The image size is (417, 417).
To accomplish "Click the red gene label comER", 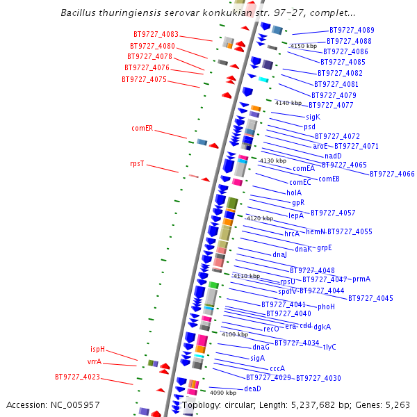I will click(142, 129).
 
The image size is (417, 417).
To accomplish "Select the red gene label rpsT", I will click(137, 164).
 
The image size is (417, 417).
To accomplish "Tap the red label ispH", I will click(97, 349).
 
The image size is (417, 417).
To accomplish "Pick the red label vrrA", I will click(95, 362).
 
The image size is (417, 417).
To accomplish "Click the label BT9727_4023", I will click(77, 377).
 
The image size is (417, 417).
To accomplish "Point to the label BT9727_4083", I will click(156, 34).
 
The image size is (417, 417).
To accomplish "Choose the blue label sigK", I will click(313, 117).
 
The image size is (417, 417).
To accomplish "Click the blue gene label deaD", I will click(253, 389).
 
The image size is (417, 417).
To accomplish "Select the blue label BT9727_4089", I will click(352, 31).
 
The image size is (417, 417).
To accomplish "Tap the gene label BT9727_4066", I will click(392, 174).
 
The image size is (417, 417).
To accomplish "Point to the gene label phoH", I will click(327, 306).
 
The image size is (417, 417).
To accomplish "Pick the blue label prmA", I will click(361, 279).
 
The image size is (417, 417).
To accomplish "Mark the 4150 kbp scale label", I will click(303, 46).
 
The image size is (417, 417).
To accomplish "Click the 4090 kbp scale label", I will click(223, 393).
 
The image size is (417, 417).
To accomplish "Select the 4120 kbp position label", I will click(260, 218).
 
